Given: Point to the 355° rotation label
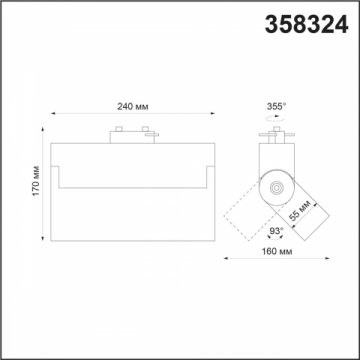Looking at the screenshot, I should pos(277,104).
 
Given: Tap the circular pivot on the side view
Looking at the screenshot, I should pos(277,186).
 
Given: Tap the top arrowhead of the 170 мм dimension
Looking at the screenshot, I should pos(43,126).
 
